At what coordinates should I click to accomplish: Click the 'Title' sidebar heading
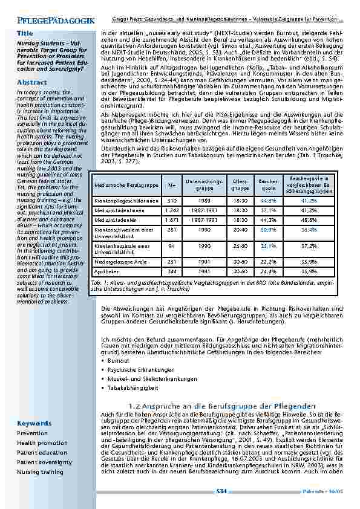[25, 33]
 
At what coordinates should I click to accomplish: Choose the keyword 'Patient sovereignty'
[44, 462]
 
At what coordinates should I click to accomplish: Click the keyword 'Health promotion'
[42, 443]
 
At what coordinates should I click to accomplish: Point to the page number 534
[221, 492]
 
